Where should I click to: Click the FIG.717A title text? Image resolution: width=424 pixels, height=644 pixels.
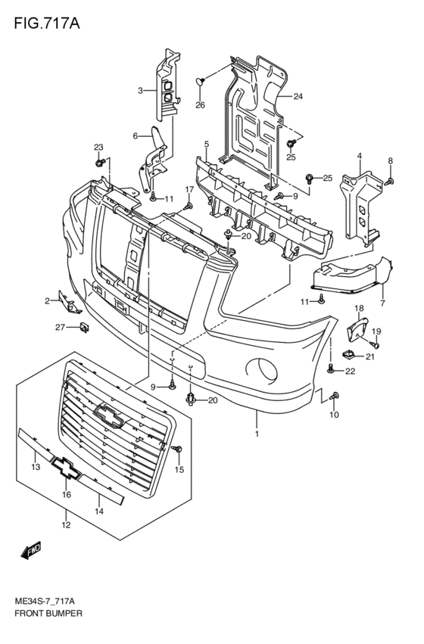(x=47, y=23)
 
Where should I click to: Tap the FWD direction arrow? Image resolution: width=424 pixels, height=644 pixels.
(x=31, y=550)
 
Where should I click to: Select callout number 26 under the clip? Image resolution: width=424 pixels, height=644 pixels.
(x=200, y=105)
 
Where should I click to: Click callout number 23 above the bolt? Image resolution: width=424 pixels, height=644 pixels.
(x=98, y=147)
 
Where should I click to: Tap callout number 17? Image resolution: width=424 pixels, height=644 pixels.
(x=189, y=189)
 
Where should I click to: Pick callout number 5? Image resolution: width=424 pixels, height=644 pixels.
(x=207, y=144)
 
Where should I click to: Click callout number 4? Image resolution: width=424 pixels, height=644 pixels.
(x=360, y=156)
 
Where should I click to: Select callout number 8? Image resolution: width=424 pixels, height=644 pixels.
(x=391, y=160)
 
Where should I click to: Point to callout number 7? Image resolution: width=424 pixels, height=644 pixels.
(x=383, y=303)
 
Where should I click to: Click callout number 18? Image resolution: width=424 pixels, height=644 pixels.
(x=359, y=308)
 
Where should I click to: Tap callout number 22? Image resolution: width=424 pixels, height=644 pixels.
(x=350, y=372)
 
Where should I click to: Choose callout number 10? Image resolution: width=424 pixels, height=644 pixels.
(x=334, y=415)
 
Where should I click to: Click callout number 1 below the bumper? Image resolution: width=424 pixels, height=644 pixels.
(x=257, y=434)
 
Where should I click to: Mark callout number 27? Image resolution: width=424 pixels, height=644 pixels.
(x=61, y=328)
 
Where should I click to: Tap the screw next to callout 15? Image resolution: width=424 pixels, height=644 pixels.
(x=177, y=449)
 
